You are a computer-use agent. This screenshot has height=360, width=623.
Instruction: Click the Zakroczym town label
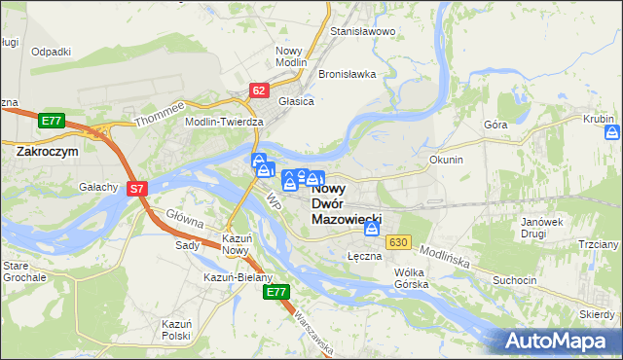(46, 152)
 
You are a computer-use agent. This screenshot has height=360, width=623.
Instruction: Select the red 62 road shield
(258, 90)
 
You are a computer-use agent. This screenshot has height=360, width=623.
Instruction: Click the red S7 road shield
(137, 189)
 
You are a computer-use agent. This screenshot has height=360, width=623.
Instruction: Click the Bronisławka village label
(347, 74)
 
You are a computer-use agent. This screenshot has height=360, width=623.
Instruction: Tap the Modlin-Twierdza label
(225, 122)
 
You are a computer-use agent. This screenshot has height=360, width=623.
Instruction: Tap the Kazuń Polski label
(175, 328)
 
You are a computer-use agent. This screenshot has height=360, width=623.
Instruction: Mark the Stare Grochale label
(23, 270)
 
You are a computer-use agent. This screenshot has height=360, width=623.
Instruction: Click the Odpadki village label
(51, 52)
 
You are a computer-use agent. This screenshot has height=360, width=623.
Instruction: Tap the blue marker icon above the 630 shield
(372, 229)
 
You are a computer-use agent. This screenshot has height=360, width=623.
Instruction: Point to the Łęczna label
(362, 256)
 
